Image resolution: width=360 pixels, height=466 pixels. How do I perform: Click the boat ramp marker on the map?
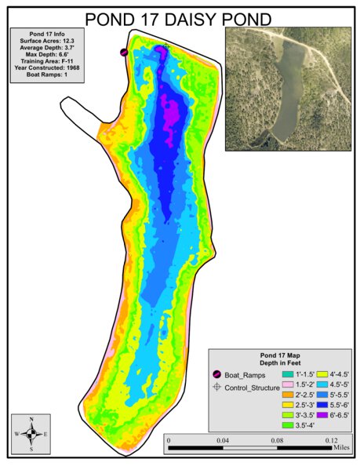pyautogui.click(x=124, y=52)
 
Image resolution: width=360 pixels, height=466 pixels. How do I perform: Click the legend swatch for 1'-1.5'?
pyautogui.click(x=287, y=375)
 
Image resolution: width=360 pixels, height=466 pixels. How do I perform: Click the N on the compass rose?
pyautogui.click(x=31, y=420)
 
